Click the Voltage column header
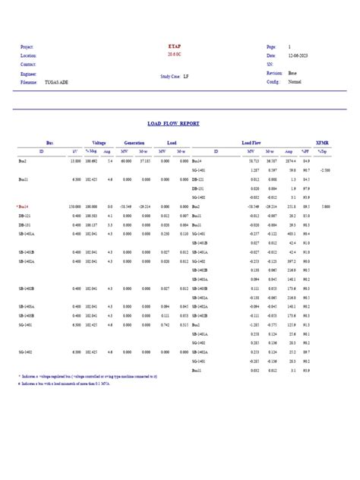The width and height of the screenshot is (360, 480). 99,142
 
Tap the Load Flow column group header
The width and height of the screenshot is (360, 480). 251,142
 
